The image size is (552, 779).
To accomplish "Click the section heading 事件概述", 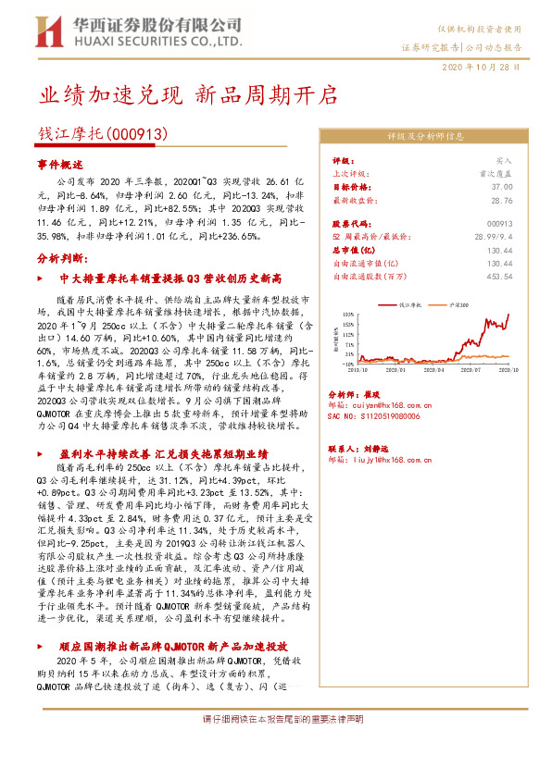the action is (60, 163).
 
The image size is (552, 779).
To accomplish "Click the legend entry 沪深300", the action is (458, 304).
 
